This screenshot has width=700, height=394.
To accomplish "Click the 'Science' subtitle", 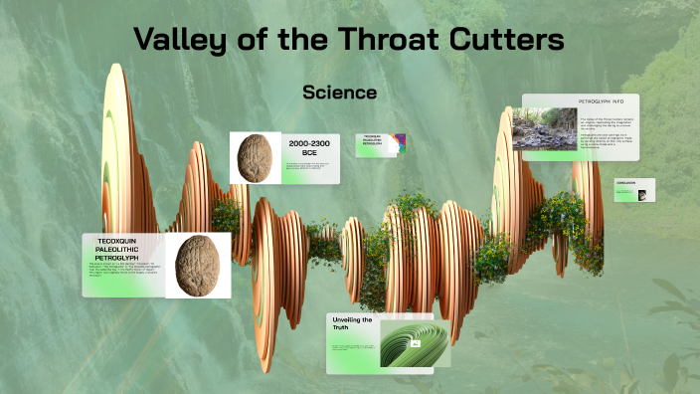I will coord(339,93).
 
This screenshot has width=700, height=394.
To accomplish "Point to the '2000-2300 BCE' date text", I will coord(308,149).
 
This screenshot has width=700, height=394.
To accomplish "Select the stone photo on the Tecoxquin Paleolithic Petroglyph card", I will coord(198,265).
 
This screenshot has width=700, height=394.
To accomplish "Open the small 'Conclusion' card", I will coord(634,189).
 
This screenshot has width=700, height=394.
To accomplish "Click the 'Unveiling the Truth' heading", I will coord(352,325).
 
